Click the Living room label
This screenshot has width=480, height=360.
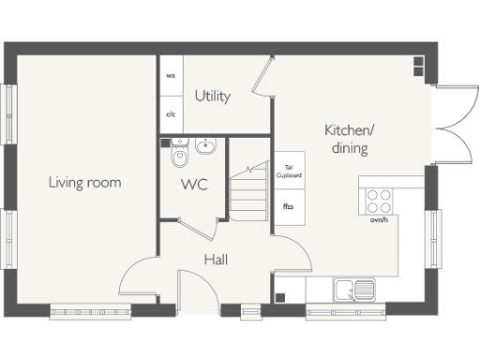click(84, 182)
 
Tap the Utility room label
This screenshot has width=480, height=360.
click(213, 96)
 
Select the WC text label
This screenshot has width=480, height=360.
click(194, 184)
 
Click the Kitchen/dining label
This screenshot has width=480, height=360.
click(346, 139)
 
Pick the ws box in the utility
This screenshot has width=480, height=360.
click(171, 75)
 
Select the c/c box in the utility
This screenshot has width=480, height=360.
click(171, 114)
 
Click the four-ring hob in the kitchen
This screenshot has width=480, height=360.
click(379, 200)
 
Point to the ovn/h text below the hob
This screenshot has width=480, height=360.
click(379, 221)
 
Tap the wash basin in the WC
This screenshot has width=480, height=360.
click(207, 145)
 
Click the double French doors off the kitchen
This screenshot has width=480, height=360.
click(454, 127)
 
